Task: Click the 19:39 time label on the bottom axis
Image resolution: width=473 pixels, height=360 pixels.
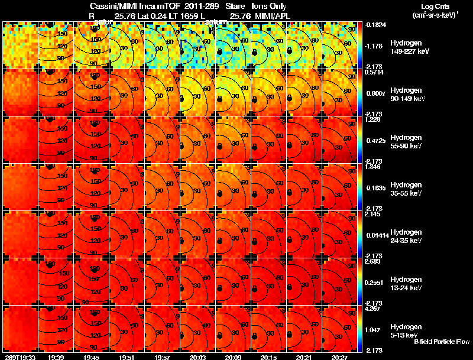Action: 56,357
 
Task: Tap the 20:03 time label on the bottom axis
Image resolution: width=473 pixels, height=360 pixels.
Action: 197,357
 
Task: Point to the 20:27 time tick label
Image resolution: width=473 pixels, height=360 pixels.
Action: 339,357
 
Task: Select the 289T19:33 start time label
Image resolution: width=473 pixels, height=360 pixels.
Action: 19,357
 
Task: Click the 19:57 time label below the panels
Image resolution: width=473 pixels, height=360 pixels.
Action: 162,357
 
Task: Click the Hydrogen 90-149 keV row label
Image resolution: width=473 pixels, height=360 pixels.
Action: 408,95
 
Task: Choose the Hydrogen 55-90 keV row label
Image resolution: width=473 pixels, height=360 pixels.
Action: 407,141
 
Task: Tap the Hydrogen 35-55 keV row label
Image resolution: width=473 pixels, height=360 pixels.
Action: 407,189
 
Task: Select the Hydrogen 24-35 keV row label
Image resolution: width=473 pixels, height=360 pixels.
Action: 407,236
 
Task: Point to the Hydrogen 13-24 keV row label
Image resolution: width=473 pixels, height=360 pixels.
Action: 407,283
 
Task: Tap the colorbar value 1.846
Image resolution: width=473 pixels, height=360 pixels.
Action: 373,167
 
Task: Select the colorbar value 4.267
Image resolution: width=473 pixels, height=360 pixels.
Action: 373,309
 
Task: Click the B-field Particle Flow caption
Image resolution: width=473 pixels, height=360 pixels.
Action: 442,342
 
